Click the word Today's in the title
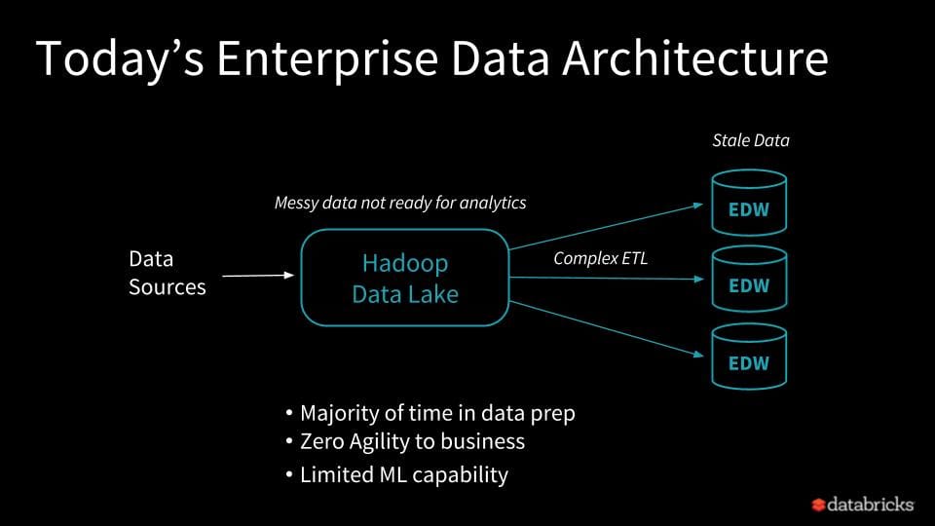tap(118, 59)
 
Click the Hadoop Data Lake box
tap(404, 278)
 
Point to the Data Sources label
tap(167, 273)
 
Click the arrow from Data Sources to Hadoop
tap(257, 276)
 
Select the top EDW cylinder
tap(748, 203)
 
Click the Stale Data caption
tap(750, 140)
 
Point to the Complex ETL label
tap(600, 258)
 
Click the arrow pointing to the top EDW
tap(604, 226)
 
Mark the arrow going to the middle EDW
tap(604, 279)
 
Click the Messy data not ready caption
tap(399, 203)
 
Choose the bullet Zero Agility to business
tap(412, 441)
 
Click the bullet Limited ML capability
tap(403, 474)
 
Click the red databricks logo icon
tap(818, 505)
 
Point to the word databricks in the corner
tap(871, 505)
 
